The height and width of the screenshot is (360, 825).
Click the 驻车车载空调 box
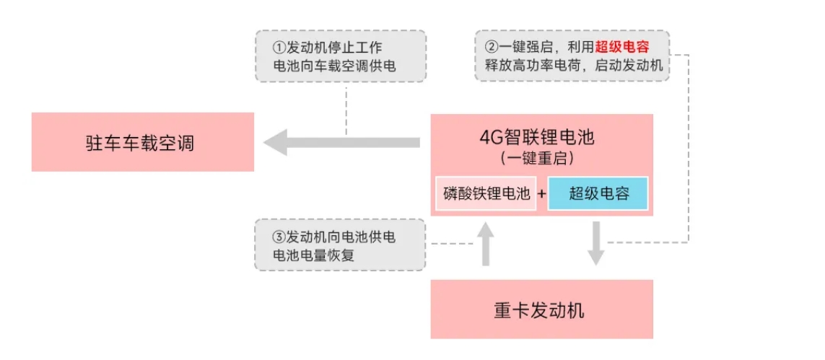[x=142, y=142]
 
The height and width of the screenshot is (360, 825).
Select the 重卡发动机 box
[x=541, y=310]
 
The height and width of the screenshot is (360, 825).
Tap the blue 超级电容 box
[x=598, y=193]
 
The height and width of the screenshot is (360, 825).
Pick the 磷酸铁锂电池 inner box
[x=486, y=193]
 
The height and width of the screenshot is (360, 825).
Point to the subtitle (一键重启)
[x=541, y=157]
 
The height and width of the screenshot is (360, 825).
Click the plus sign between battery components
[x=542, y=194]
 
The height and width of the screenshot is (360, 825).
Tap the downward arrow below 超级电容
[x=595, y=243]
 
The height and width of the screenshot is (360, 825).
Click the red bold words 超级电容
[x=622, y=48]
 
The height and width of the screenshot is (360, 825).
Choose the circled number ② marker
[x=491, y=48]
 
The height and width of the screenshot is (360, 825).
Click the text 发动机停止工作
[x=334, y=48]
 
